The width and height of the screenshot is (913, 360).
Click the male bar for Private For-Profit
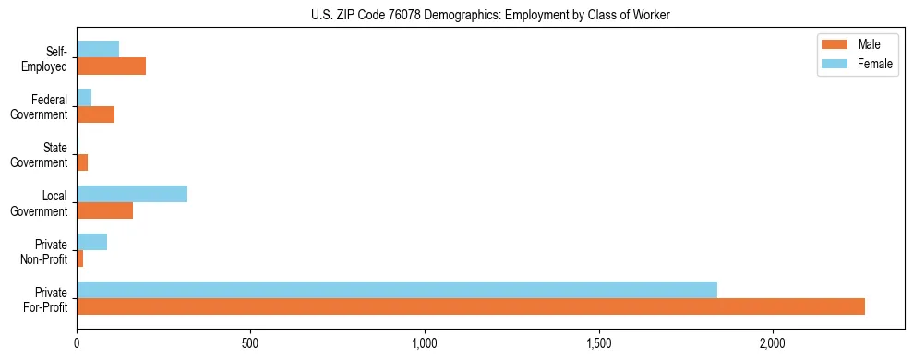[471, 306]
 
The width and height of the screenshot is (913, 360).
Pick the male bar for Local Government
[105, 210]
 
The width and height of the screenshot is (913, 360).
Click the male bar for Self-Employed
[112, 66]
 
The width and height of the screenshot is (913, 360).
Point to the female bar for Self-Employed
[98, 50]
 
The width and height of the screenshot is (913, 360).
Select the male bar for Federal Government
[96, 114]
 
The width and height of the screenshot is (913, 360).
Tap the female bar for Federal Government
[84, 98]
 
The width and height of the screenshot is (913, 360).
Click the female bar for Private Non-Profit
[92, 242]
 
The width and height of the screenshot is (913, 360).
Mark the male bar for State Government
[82, 162]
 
